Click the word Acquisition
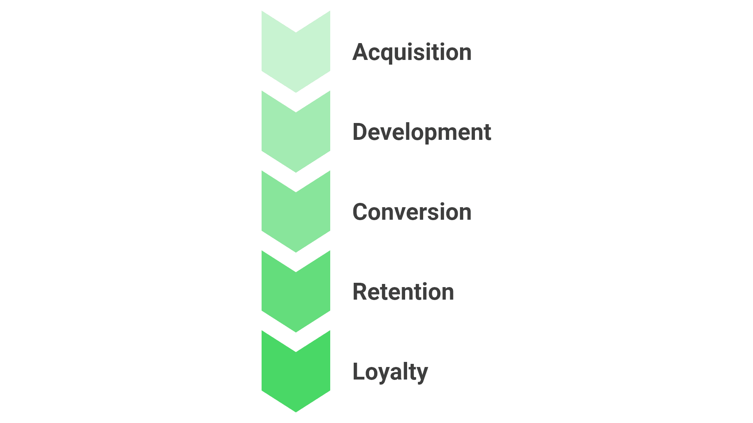[x=412, y=52]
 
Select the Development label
[x=422, y=132]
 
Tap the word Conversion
[x=412, y=212]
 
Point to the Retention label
[x=403, y=292]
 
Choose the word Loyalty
[x=390, y=372]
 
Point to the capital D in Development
[x=360, y=132]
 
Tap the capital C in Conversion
[x=361, y=212]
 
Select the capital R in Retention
[x=360, y=292]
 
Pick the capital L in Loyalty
[x=359, y=372]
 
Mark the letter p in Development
[x=429, y=135]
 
